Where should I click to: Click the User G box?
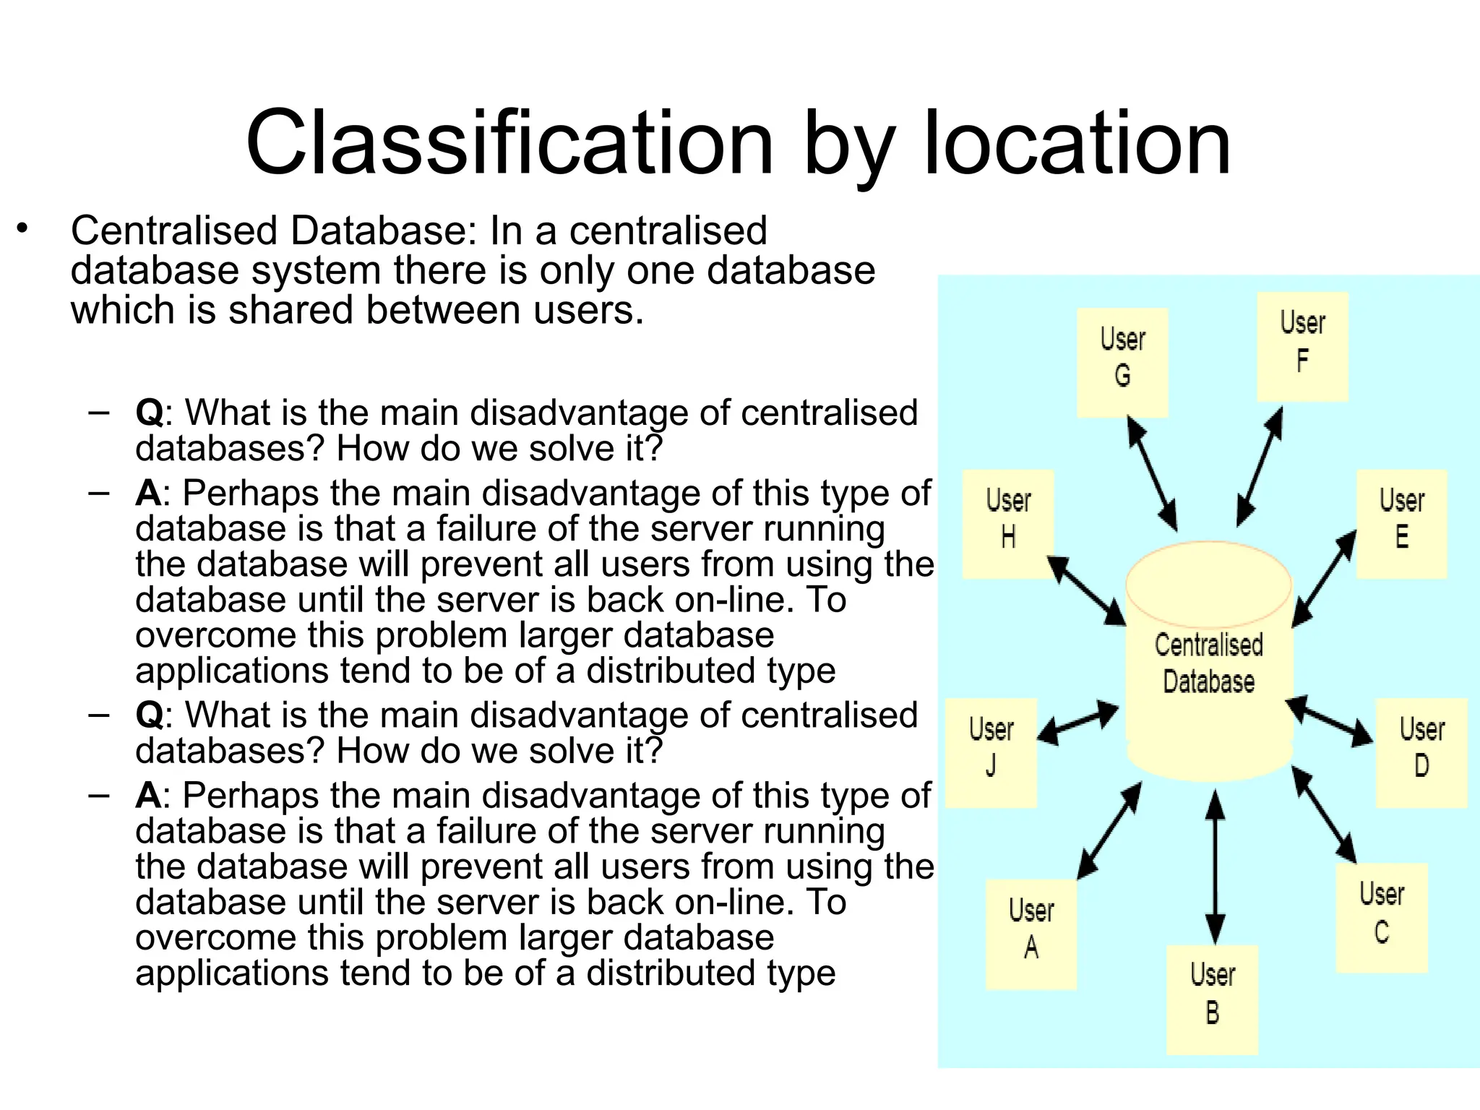coord(1122,363)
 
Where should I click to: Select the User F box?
coord(1302,347)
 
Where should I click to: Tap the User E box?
coord(1401,524)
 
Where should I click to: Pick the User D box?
coord(1421,752)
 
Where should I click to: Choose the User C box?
coord(1382,918)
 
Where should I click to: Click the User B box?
coord(1212,999)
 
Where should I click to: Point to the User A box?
coord(1031,934)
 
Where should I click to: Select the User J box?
coord(991,752)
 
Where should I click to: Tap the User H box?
coord(1008,524)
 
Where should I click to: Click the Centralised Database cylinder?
coord(1209,661)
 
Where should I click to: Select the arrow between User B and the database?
coord(1216,867)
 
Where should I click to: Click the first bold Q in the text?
coord(149,413)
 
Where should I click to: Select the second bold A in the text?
coord(148,796)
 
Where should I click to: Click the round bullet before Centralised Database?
coord(23,230)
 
